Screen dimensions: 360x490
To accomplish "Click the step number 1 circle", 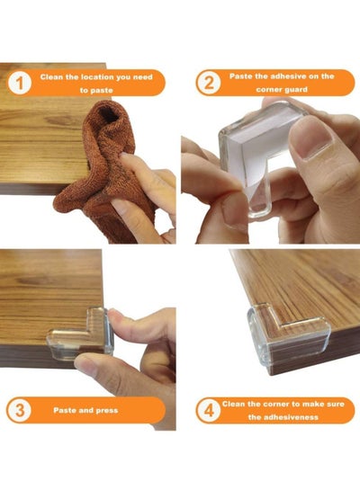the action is click(20, 83).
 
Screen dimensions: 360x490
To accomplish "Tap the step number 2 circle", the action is click(209, 83).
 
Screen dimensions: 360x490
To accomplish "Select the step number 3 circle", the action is click(20, 410).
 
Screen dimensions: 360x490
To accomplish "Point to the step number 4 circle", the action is click(209, 410).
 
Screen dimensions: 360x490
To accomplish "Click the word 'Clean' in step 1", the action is click(51, 77).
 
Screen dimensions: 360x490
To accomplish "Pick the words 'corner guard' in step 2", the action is click(282, 90).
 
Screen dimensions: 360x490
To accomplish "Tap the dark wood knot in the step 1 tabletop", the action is click(59, 120).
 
